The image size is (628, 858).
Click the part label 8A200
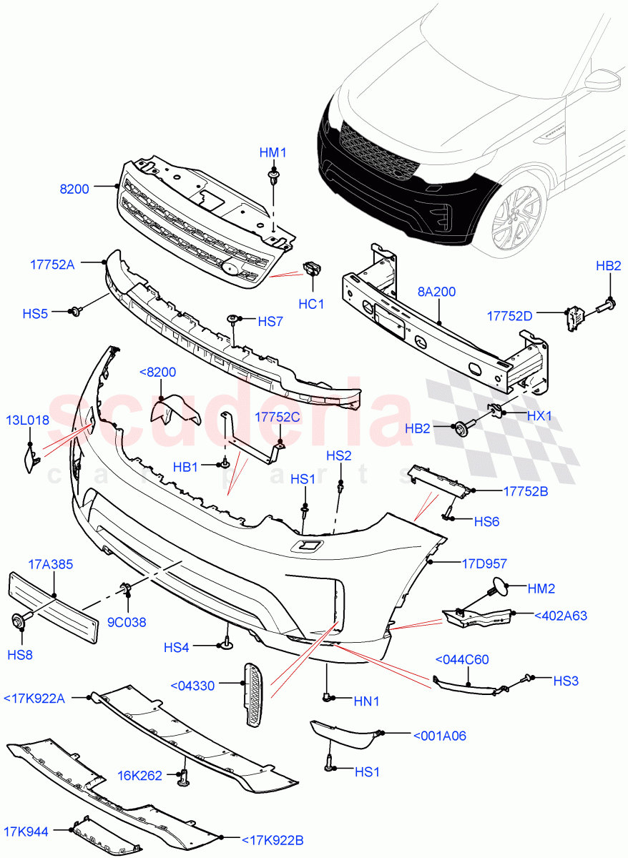(436, 292)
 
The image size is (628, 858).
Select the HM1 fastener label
(273, 152)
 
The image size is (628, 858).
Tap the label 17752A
(51, 263)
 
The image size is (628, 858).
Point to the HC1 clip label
(312, 304)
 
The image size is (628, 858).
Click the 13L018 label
(28, 420)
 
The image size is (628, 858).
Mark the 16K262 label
(141, 775)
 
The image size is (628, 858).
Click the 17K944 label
(26, 832)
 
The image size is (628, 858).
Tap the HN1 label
(368, 701)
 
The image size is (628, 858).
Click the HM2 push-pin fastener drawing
(496, 589)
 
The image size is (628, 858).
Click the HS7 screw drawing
(232, 320)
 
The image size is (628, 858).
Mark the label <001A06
(439, 735)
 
